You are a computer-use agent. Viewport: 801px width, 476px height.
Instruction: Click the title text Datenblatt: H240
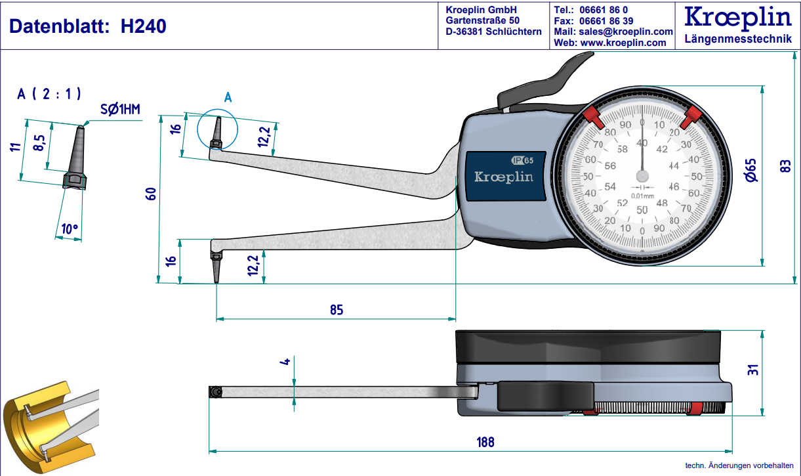coord(87,26)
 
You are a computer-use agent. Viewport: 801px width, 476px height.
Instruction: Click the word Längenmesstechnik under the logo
coord(737,39)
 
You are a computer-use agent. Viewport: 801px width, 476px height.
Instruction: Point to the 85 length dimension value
coord(336,310)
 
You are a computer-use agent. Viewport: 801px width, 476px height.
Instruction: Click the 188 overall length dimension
coord(485,442)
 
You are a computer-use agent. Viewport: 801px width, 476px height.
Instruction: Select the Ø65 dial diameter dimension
coord(751,170)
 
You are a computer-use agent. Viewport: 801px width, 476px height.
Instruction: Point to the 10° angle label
coord(68,229)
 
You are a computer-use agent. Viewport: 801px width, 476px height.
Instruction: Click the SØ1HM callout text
coord(120,110)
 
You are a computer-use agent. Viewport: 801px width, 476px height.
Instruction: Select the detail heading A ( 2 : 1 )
coord(50,94)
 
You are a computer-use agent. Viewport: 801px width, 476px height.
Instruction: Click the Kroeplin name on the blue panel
coord(503,177)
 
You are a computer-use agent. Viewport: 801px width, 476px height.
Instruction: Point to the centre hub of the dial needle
coord(642,176)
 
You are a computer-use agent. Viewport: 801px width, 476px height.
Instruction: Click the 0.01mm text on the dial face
coord(642,196)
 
